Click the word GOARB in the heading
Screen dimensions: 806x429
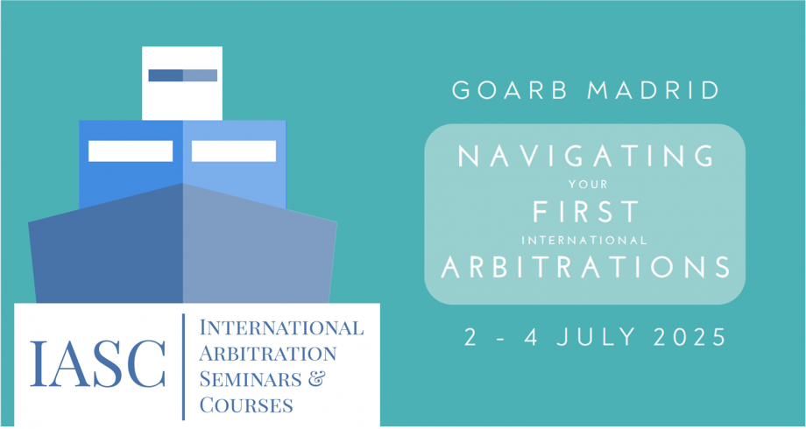click(509, 90)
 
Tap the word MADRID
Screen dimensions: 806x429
click(654, 90)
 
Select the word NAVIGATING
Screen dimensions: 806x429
click(585, 156)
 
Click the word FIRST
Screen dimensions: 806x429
click(585, 211)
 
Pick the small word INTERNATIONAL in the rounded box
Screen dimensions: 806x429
click(584, 240)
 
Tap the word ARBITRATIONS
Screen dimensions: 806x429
click(585, 267)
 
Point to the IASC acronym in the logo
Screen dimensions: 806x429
click(97, 363)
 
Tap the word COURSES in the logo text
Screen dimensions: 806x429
click(246, 404)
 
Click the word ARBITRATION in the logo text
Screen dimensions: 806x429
click(268, 354)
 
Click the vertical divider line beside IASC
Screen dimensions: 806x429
click(183, 366)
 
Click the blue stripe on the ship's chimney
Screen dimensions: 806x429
click(182, 75)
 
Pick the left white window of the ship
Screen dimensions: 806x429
click(131, 151)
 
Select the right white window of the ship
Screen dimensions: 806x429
click(234, 151)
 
